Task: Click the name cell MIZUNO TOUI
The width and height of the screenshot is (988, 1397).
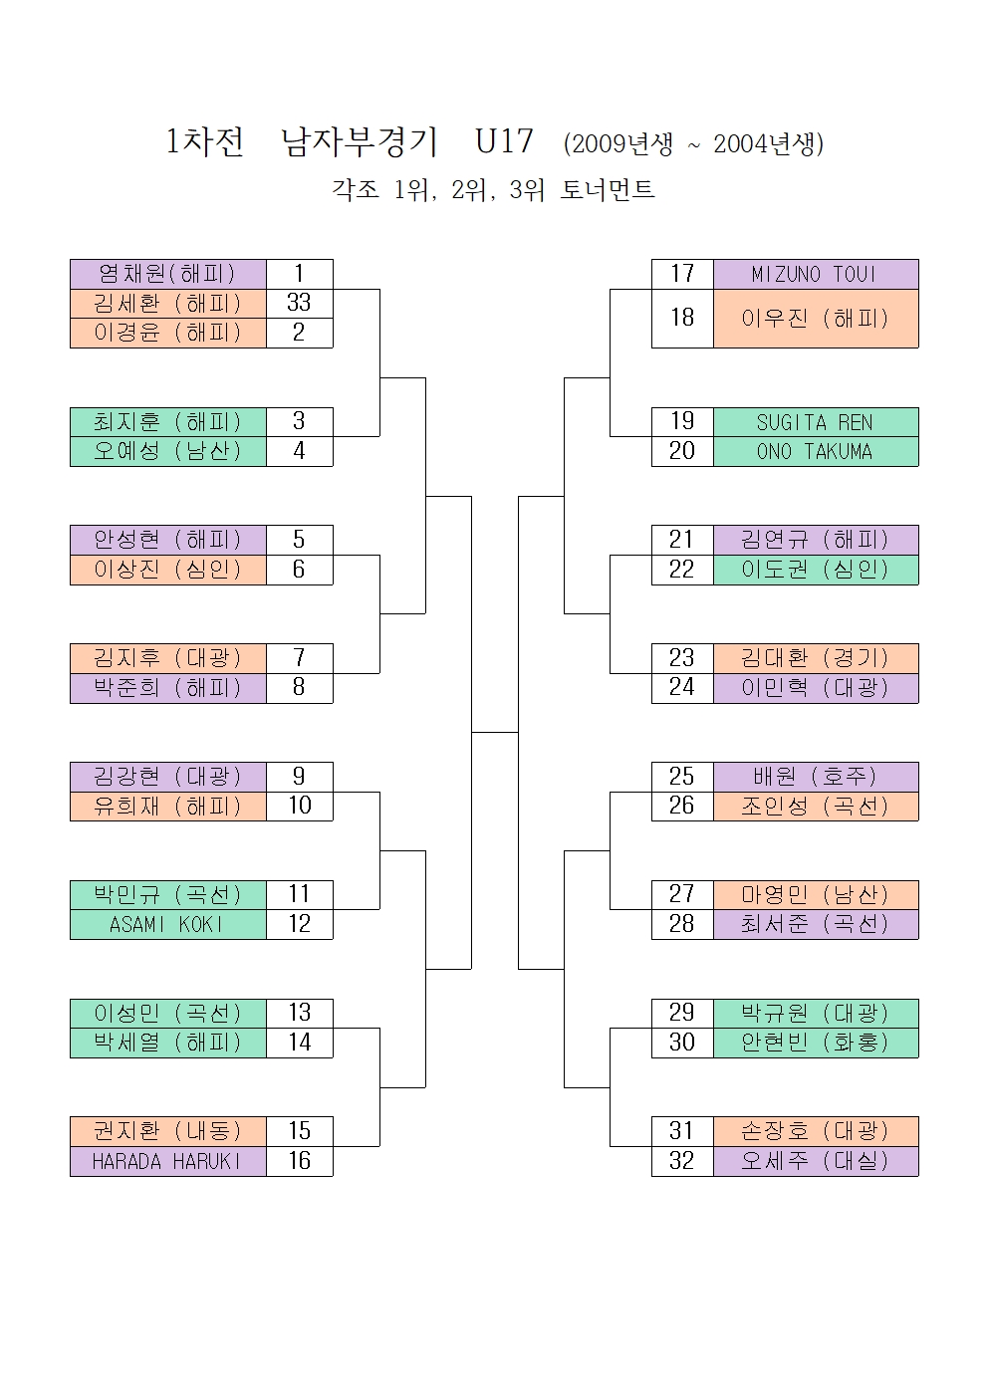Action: pos(815,274)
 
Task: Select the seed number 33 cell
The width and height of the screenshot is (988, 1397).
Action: pos(299,303)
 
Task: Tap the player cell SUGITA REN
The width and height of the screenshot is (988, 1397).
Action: pos(815,422)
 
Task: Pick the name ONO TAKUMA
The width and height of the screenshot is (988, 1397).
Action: pos(815,451)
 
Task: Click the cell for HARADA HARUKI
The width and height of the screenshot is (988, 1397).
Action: pos(167,1161)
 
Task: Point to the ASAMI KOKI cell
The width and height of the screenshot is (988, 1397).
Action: pos(167,924)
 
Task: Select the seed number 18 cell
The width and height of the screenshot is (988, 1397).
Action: pos(682,318)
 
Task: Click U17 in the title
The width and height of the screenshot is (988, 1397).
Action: pos(504,141)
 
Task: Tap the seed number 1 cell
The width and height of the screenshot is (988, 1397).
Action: pos(299,274)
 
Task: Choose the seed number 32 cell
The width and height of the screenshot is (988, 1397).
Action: pos(682,1161)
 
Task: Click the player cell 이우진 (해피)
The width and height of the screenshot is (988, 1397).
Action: pos(815,319)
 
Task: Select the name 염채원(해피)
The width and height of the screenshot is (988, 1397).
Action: pos(167,274)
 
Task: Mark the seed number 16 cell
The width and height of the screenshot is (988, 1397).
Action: pos(299,1161)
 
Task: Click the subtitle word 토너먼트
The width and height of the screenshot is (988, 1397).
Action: pos(607,189)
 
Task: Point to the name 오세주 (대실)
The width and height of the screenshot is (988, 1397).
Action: pos(815,1161)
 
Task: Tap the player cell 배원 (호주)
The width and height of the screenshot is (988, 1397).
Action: pos(815,777)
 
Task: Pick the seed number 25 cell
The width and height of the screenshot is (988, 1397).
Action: pos(682,777)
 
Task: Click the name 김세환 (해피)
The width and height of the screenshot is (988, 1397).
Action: pos(167,303)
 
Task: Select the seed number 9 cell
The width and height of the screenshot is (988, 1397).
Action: pos(299,777)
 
